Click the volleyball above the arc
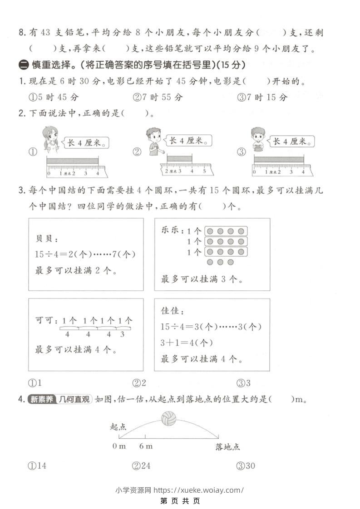[168, 418]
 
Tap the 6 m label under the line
[146, 446]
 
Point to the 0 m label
[119, 446]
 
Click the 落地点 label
[227, 447]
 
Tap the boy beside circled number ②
[153, 141]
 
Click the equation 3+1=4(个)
[187, 343]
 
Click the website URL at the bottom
[199, 489]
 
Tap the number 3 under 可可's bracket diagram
[122, 334]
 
